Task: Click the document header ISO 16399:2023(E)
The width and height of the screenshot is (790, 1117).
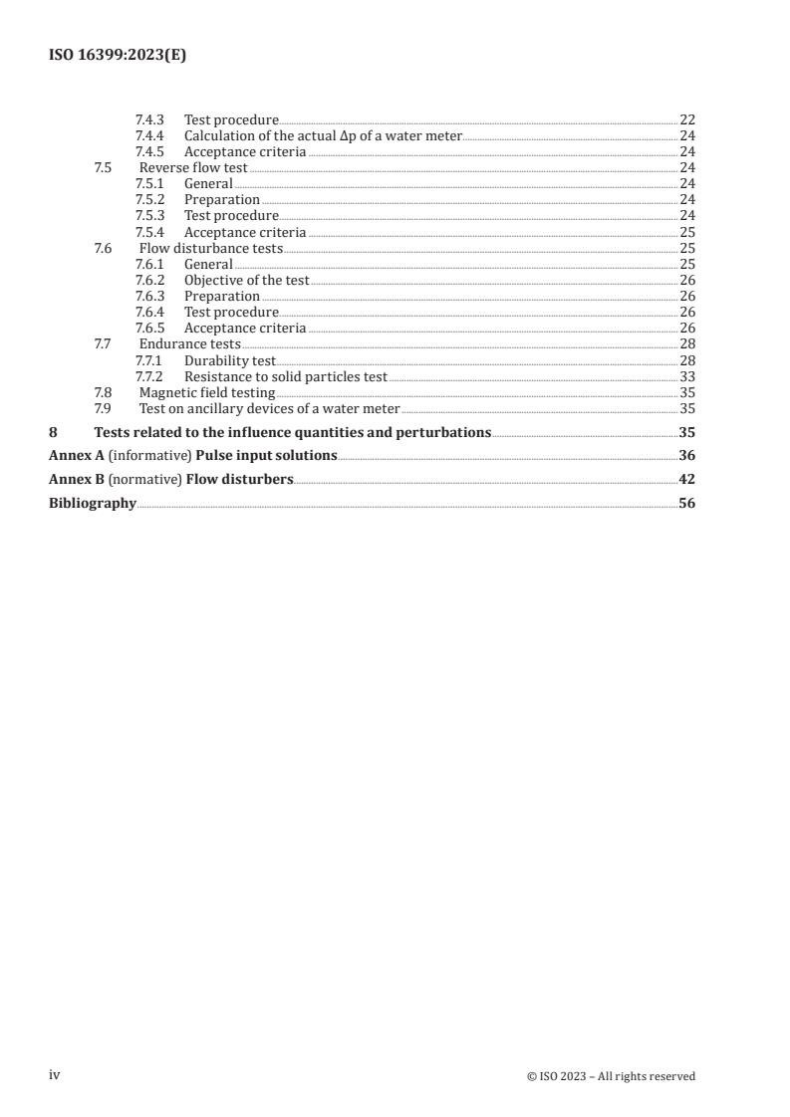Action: (118, 57)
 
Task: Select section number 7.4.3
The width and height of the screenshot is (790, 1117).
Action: (150, 119)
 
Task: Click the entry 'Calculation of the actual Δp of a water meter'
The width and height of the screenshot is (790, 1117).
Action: (323, 135)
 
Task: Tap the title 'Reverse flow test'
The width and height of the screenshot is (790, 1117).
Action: (193, 167)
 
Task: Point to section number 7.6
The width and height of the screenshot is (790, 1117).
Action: (103, 248)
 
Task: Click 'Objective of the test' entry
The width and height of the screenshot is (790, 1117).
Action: (246, 280)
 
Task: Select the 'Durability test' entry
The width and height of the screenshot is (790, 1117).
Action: (229, 360)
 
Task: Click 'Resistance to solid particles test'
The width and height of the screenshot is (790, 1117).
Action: (285, 376)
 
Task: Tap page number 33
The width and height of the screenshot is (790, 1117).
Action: (686, 376)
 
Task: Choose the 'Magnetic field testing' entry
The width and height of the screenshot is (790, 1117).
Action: (207, 392)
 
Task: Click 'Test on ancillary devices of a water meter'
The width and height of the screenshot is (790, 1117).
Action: (269, 408)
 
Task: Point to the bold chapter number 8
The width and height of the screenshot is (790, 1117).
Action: (53, 432)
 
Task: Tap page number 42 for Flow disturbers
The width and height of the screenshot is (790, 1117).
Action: (686, 480)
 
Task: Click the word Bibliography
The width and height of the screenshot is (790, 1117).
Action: (93, 504)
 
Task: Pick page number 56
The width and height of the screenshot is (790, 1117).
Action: (686, 504)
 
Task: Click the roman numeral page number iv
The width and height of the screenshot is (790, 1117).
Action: (55, 1075)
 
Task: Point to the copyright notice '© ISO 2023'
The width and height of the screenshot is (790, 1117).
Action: (559, 1076)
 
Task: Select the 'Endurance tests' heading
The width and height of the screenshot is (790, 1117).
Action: (189, 344)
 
